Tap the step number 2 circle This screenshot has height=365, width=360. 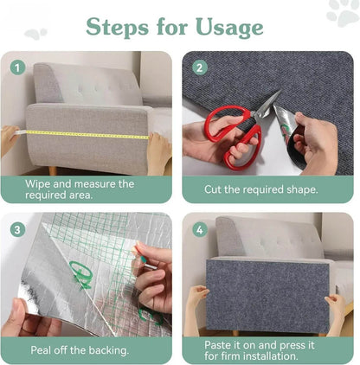click(200, 67)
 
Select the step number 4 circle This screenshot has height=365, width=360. click(200, 229)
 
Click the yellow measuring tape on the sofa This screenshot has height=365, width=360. click(87, 133)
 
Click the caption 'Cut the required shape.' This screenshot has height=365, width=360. click(261, 189)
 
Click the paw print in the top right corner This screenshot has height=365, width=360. click(343, 12)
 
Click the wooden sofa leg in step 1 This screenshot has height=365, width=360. click(54, 170)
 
